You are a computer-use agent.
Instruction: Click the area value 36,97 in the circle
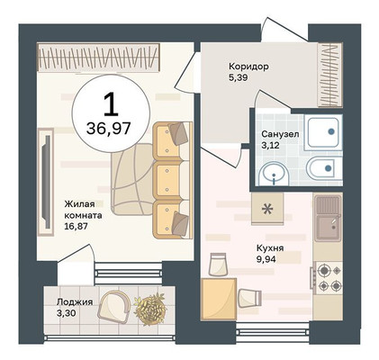pos(108,129)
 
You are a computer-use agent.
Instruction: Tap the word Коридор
pos(248,67)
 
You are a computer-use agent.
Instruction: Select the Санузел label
pos(280,134)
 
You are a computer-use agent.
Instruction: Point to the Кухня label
pos(270,248)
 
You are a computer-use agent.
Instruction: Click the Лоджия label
pos(75,301)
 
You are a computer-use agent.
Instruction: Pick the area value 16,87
pos(76,226)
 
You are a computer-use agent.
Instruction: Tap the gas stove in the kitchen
pos(328,277)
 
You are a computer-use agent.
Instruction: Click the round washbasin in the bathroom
pos(275,175)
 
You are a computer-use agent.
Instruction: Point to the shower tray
pos(323,132)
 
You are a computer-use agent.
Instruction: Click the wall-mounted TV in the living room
pos(47,182)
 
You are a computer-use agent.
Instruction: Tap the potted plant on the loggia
pos(150,309)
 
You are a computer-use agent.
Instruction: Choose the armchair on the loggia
pos(114,306)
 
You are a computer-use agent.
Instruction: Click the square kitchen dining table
pos(218,299)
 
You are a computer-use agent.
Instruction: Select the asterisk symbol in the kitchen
pos(267,209)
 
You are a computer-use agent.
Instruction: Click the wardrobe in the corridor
pos(330,75)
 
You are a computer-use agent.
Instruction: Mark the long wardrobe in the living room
pos(98,58)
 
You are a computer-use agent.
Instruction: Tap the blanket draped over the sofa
pos(132,179)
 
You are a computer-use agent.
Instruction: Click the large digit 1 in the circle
pos(112,104)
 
